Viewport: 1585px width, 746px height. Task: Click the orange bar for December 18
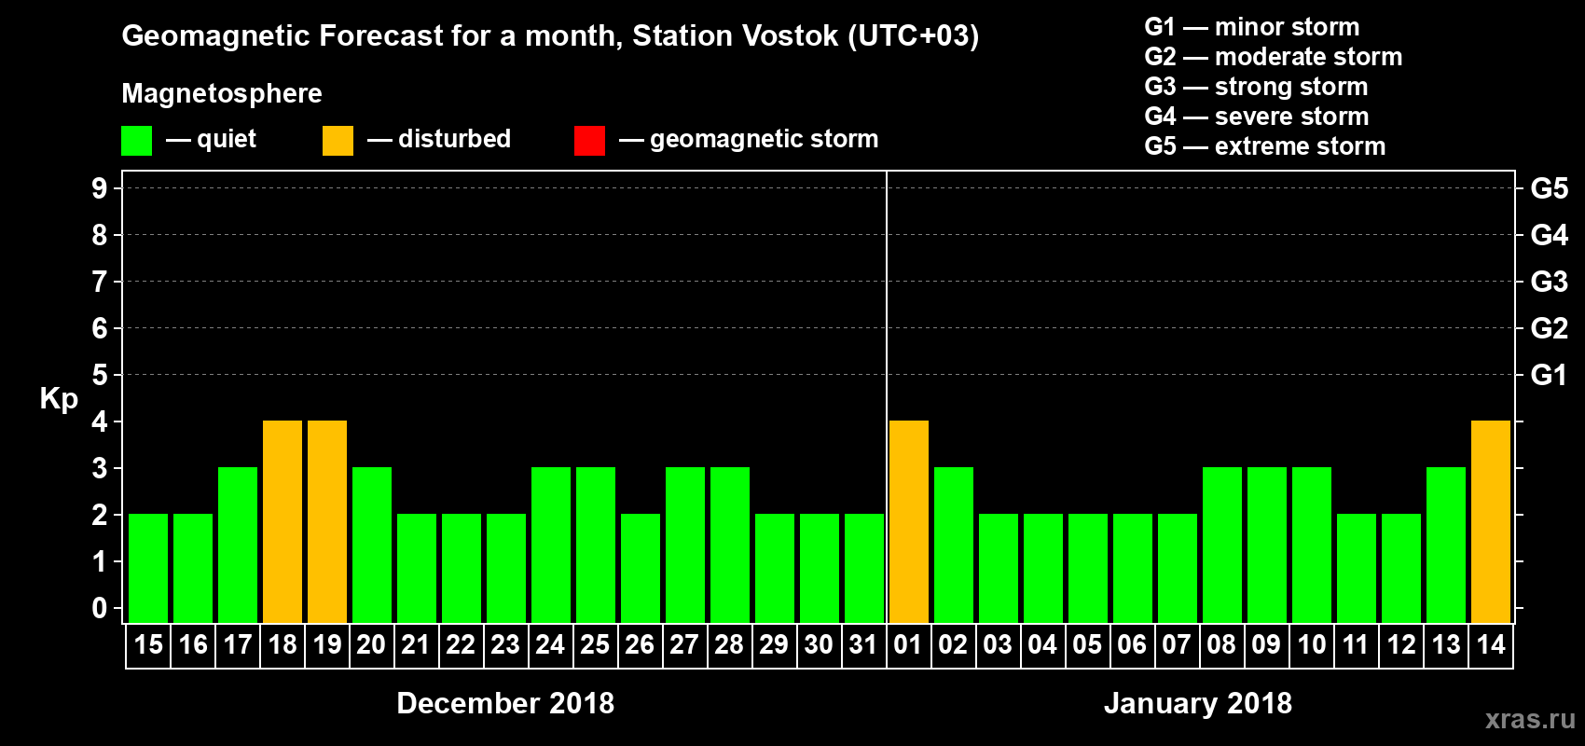coord(283,521)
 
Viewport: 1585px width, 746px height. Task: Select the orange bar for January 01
coord(909,521)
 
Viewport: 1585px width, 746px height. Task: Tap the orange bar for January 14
coord(1491,521)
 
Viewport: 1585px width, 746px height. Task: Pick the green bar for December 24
coord(551,545)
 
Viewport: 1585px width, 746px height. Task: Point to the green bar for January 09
coord(1267,545)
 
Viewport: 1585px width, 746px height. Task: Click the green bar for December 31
coord(864,568)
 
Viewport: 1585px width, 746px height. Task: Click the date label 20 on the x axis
coord(371,645)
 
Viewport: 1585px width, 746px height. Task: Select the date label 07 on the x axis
coord(1177,645)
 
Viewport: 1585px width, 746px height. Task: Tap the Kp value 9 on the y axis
coord(100,188)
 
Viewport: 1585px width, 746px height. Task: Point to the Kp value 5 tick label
coord(100,375)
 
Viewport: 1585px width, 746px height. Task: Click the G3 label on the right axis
coord(1549,282)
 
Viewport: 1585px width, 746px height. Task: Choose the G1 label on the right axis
coord(1549,375)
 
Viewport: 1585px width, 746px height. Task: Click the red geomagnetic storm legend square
coord(589,141)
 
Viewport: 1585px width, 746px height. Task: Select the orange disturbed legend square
coord(338,141)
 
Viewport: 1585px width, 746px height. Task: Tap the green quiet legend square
coord(137,141)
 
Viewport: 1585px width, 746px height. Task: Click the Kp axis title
coord(59,399)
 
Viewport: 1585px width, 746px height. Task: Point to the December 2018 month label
coord(505,703)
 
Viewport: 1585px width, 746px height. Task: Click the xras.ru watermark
coord(1530,719)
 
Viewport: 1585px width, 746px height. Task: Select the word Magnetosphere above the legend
coord(222,93)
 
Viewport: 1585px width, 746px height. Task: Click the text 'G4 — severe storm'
coord(1257,117)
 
